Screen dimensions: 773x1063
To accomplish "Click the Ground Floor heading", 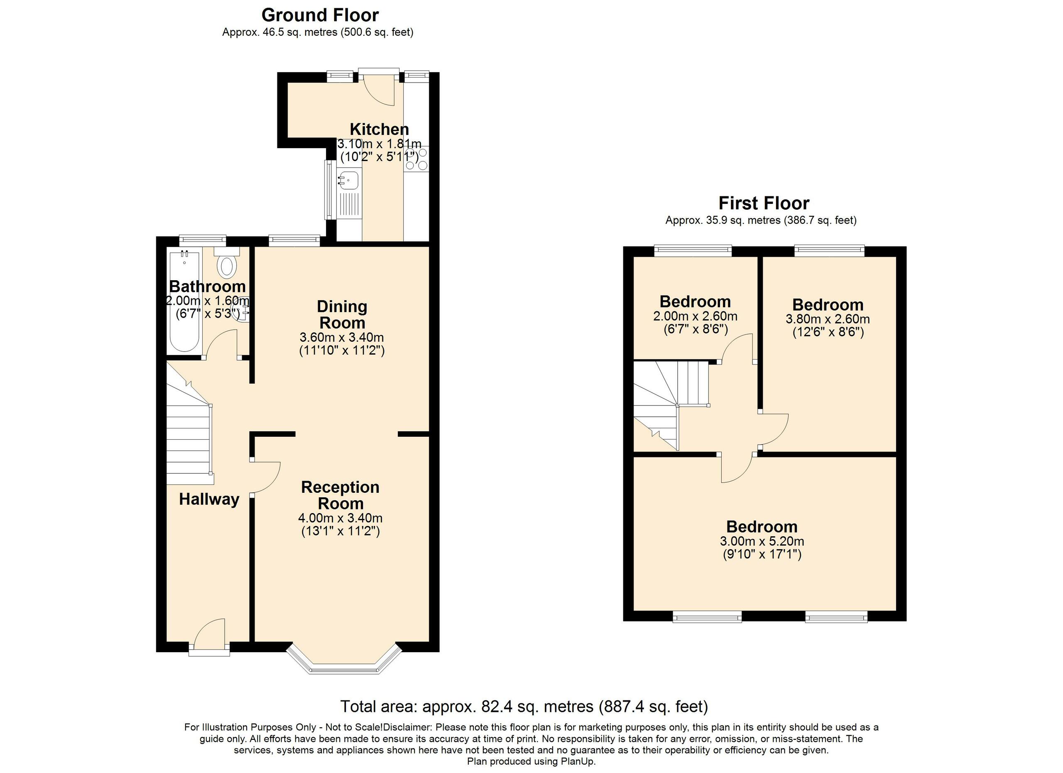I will (x=320, y=15).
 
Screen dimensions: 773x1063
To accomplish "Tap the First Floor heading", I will (x=764, y=203).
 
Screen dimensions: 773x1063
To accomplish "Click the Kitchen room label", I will (x=379, y=129).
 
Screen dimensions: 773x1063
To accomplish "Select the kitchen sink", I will (x=349, y=179).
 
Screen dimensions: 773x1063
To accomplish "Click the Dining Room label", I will (x=342, y=314).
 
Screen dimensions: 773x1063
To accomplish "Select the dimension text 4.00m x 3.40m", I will (x=340, y=518).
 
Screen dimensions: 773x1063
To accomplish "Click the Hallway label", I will (x=209, y=499).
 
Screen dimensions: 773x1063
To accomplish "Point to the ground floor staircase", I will (x=189, y=440).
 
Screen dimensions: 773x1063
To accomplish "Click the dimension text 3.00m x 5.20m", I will (x=762, y=542).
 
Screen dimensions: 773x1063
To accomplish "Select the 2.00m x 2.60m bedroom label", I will (x=695, y=301).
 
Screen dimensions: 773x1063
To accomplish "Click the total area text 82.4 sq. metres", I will (x=524, y=707).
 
